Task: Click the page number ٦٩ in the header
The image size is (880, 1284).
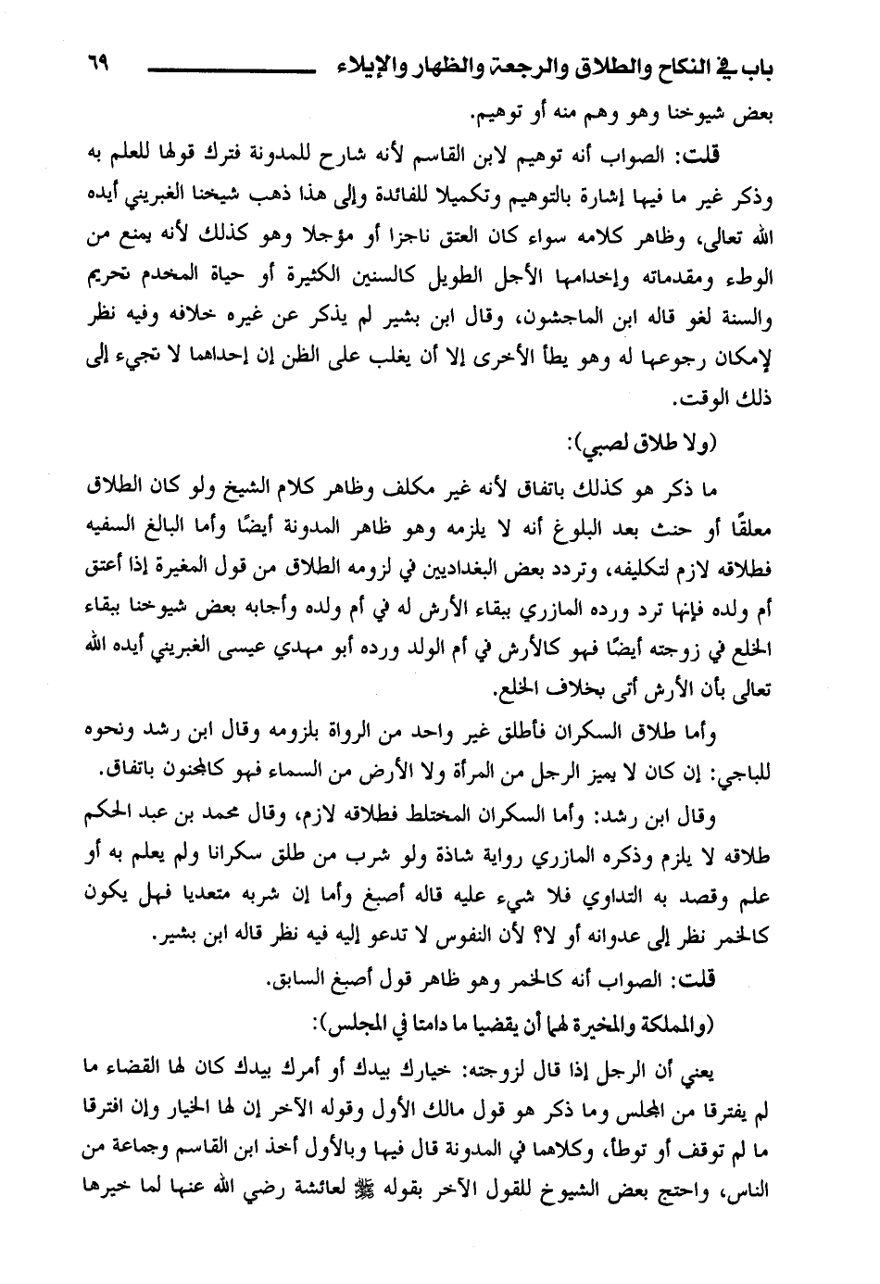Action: pos(98,66)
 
